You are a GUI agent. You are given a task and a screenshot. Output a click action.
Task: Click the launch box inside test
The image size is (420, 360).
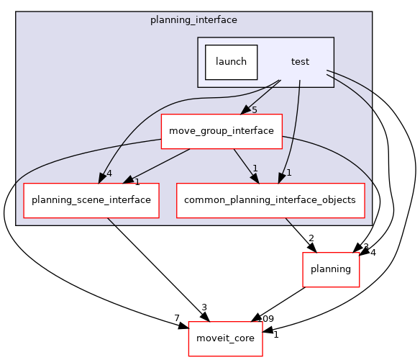[231, 62]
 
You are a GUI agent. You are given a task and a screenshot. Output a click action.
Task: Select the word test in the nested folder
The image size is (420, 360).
[300, 62]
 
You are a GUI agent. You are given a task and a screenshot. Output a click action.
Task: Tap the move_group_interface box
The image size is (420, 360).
[221, 131]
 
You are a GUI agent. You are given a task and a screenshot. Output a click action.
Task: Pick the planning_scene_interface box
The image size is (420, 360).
[91, 200]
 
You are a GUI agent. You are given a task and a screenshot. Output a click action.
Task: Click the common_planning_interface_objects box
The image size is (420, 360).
[271, 200]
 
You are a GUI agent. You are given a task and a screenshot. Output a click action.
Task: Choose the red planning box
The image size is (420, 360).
[330, 269]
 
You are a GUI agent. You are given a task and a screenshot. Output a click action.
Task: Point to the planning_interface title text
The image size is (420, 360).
[193, 20]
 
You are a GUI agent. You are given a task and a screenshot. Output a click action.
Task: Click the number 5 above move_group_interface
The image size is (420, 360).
[254, 109]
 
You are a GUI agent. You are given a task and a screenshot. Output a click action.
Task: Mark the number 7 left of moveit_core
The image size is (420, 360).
[176, 318]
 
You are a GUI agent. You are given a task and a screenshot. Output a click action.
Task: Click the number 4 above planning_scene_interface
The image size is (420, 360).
[109, 173]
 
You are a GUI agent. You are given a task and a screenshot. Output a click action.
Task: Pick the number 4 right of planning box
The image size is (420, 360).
[373, 252]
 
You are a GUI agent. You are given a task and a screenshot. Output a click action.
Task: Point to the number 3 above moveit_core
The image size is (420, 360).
[204, 307]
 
